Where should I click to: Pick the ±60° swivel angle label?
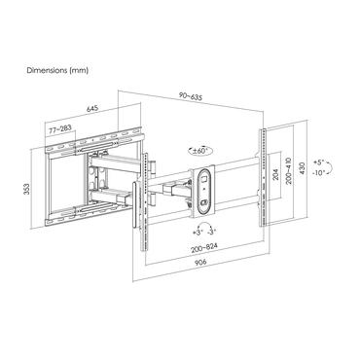pyautogui.click(x=199, y=151)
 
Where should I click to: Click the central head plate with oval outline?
pyautogui.click(x=203, y=191)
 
